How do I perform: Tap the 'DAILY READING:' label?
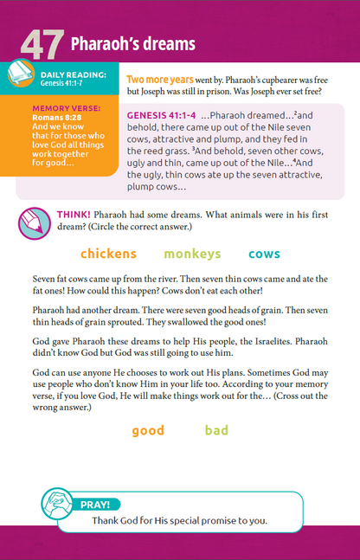[x=74, y=75]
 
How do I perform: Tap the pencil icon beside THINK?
[x=34, y=223]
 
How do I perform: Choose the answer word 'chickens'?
[x=108, y=254]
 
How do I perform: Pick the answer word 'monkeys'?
[x=192, y=254]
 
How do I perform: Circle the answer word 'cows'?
[x=264, y=254]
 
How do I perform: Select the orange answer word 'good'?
[x=148, y=430]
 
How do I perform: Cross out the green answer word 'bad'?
[x=216, y=430]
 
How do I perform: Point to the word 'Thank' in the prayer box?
[x=107, y=521]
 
